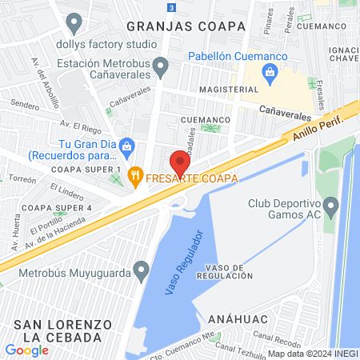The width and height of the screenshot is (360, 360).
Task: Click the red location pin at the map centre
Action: click(x=180, y=163)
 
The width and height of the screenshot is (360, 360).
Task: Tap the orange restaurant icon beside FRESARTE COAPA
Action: click(x=136, y=176)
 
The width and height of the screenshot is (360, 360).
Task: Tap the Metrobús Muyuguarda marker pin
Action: click(x=142, y=268)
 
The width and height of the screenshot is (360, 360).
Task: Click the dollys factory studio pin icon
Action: click(x=75, y=22)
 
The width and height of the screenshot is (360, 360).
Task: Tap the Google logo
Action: click(x=27, y=350)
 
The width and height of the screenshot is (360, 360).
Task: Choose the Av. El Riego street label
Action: click(x=78, y=125)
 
